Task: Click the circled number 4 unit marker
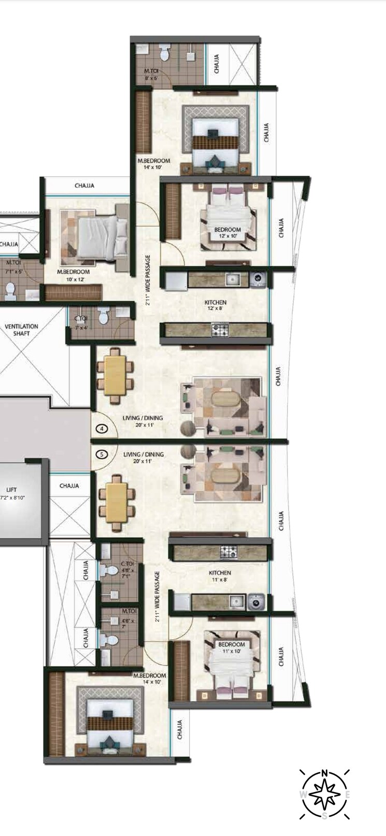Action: click(102, 428)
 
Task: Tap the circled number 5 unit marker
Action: click(102, 454)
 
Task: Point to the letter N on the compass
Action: click(324, 773)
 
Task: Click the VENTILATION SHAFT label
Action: click(21, 330)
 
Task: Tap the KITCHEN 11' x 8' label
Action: click(220, 576)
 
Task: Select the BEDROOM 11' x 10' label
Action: click(231, 647)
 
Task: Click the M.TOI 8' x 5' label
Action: click(151, 75)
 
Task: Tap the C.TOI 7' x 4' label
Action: click(80, 322)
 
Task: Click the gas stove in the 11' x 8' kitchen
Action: click(228, 552)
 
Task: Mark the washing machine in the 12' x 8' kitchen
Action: click(257, 280)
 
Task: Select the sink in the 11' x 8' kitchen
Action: click(237, 602)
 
